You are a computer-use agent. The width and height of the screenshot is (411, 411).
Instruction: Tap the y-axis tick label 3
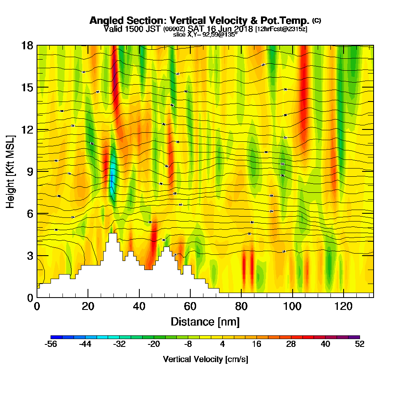(x=30, y=256)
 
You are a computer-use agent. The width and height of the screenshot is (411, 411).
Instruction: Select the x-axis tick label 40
(x=139, y=306)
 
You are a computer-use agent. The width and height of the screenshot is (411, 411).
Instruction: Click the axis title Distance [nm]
(x=205, y=321)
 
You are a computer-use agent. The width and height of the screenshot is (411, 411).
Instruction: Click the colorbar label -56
(x=51, y=344)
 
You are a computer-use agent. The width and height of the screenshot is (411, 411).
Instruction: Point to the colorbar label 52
(x=360, y=344)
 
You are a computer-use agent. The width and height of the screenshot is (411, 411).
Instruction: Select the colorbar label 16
(x=257, y=344)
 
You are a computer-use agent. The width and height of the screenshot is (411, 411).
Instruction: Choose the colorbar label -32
(x=120, y=344)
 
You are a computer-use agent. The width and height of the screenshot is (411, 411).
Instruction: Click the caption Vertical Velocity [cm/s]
(x=205, y=359)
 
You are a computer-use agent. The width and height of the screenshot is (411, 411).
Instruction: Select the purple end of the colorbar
(x=356, y=337)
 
